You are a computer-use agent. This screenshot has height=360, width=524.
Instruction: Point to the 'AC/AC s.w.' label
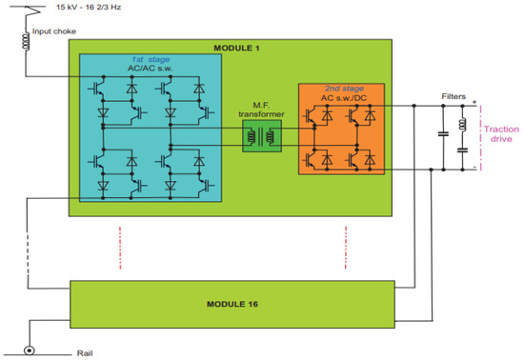[149, 69]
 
